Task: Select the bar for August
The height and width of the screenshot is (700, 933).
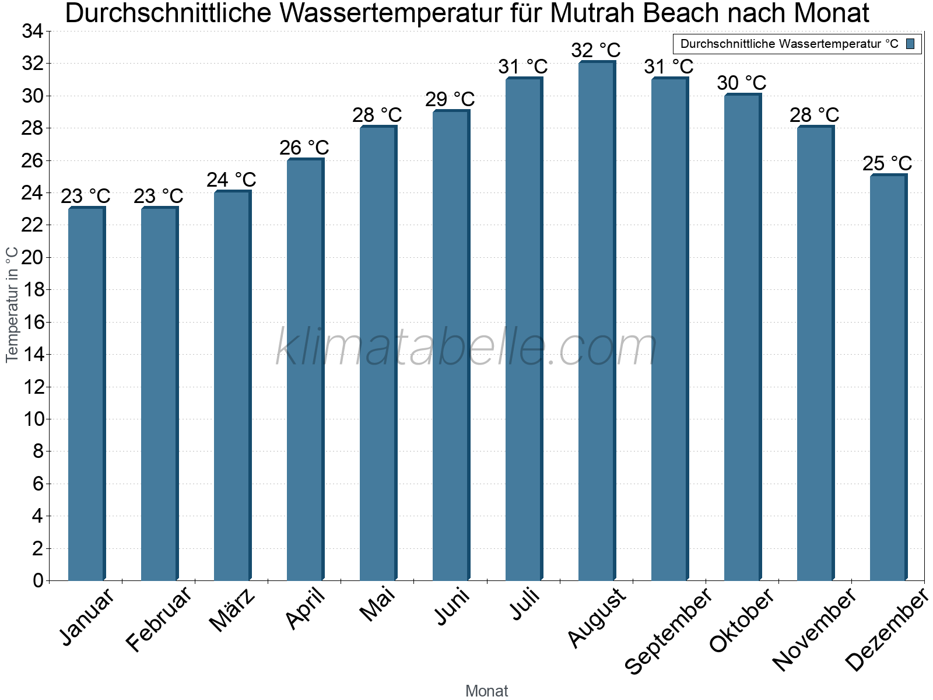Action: tap(597, 321)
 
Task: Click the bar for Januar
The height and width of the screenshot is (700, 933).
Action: tap(86, 394)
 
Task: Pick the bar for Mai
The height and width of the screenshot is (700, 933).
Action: tap(378, 353)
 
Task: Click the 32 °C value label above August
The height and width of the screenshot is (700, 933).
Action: tap(596, 50)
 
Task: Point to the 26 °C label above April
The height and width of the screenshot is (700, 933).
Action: tap(304, 148)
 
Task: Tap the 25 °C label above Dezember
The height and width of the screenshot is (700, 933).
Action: tap(888, 163)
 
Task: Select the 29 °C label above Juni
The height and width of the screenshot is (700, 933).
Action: tap(450, 99)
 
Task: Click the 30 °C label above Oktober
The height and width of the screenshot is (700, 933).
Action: tap(742, 83)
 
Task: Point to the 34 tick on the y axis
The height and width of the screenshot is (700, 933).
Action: tap(33, 32)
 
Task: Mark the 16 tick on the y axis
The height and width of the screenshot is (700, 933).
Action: tap(33, 322)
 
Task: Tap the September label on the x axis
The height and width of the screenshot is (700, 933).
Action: tap(668, 630)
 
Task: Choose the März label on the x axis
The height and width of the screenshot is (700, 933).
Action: tap(233, 610)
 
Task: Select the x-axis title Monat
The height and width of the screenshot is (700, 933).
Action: tap(487, 691)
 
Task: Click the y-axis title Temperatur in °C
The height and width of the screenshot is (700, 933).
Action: tap(12, 304)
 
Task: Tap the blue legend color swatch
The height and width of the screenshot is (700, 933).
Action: tap(910, 44)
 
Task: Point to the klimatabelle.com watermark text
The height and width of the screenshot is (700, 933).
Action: tap(466, 348)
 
